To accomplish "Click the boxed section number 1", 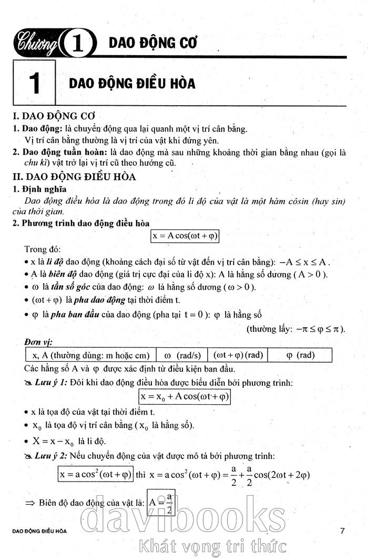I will (x=35, y=84).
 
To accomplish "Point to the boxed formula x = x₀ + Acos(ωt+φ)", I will (x=185, y=395).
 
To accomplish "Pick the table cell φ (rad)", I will (x=300, y=355).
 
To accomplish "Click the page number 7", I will (x=342, y=531).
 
